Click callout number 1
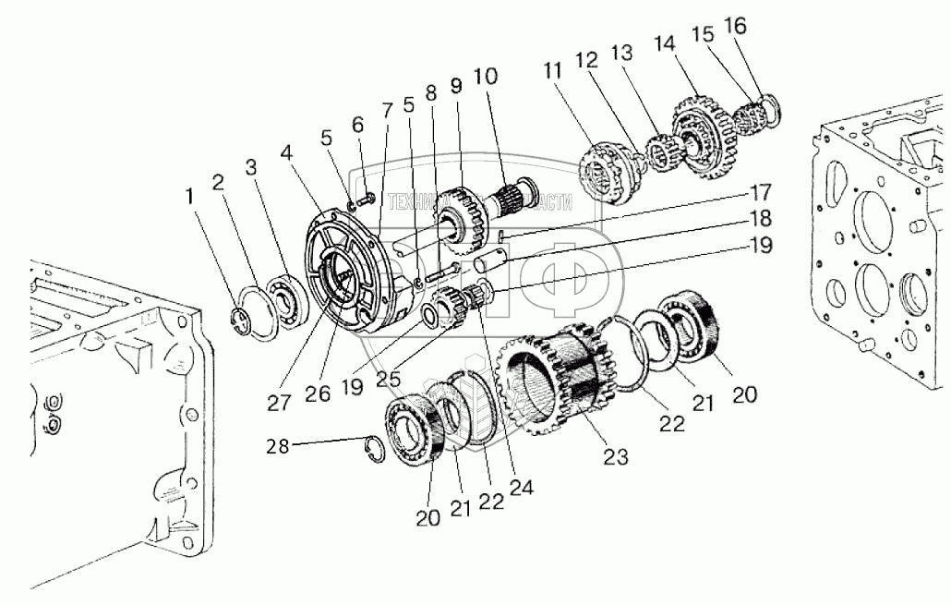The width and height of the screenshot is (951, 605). (x=189, y=196)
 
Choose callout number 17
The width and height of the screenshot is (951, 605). (x=761, y=194)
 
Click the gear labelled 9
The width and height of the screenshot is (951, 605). (x=458, y=221)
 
